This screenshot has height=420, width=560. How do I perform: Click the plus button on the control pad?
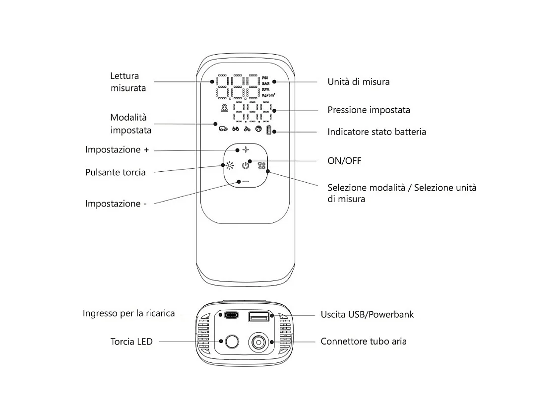(x=245, y=149)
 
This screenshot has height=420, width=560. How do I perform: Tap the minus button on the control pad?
(x=246, y=181)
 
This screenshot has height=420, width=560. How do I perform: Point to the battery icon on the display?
(x=269, y=131)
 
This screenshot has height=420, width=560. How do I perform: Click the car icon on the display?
(x=223, y=129)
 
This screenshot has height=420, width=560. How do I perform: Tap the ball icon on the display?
(x=258, y=129)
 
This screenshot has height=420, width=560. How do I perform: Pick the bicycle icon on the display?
(x=247, y=129)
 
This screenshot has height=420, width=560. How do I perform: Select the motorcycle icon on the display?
(x=235, y=129)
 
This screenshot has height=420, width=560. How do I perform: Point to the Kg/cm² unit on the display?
(x=268, y=94)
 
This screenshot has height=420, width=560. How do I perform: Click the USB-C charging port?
(x=231, y=315)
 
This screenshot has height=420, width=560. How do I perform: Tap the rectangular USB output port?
(x=258, y=316)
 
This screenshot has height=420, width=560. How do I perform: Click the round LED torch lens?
(x=231, y=342)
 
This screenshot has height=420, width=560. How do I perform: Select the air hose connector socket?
(x=258, y=342)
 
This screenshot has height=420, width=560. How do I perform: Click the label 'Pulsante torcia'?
(x=116, y=173)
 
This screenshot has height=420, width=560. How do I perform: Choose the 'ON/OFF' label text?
(x=344, y=161)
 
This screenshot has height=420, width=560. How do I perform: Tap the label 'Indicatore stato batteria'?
(x=376, y=132)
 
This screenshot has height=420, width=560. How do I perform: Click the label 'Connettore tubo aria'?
(x=364, y=342)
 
